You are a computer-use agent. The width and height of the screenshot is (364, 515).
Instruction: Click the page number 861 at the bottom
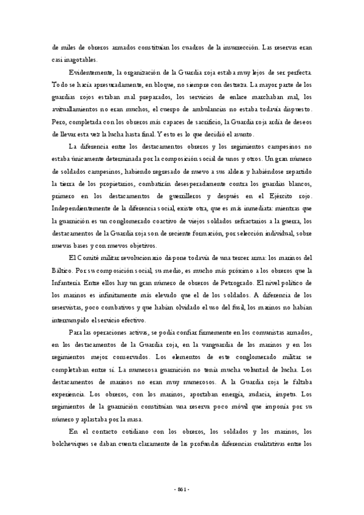tap(182, 489)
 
